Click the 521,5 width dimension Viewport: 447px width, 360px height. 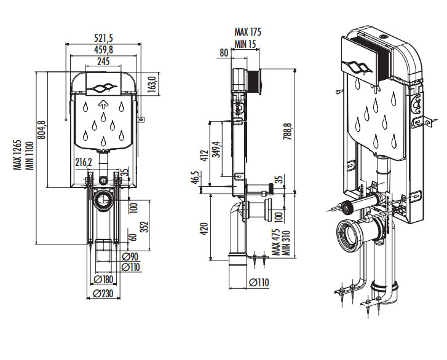(x=103, y=38)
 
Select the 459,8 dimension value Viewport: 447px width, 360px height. (x=103, y=50)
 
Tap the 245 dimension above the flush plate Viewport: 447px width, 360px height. (x=103, y=61)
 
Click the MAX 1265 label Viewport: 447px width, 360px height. (x=18, y=155)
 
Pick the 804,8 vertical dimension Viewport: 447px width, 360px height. (x=42, y=130)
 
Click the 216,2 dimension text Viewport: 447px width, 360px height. (x=84, y=162)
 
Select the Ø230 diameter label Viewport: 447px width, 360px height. (x=103, y=293)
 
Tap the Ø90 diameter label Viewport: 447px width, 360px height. (x=130, y=257)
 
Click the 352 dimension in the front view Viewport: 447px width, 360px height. (x=145, y=227)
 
